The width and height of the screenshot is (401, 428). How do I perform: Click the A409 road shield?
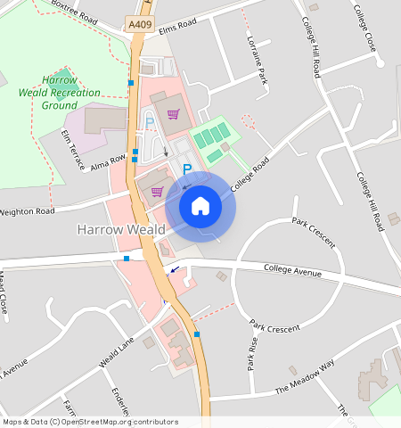click(x=139, y=26)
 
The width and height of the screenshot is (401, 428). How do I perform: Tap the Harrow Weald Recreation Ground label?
click(x=60, y=92)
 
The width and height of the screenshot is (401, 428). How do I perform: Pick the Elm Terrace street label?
click(x=72, y=149)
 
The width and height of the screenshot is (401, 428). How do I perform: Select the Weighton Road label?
click(x=27, y=211)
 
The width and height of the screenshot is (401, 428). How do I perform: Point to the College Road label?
click(x=250, y=175)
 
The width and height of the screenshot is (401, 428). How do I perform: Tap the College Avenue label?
click(x=291, y=270)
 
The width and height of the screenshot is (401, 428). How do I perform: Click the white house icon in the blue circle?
click(x=200, y=206)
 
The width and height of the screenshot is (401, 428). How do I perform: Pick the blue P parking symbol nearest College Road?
click(x=187, y=169)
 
